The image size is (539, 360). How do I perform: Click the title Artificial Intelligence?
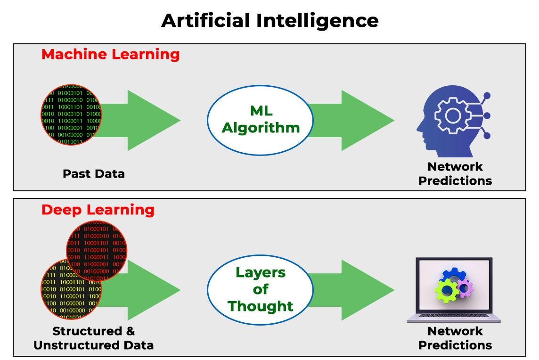pos(269,21)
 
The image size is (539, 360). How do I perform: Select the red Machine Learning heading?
pos(110,54)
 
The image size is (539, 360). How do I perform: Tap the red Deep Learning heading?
pos(98,210)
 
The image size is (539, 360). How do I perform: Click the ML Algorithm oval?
pos(261,120)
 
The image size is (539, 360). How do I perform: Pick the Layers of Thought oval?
pos(261,289)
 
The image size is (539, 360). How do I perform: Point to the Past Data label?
pos(94,173)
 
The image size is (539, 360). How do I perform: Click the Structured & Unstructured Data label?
pos(94,338)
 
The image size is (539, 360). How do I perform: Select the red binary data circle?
pos(97,250)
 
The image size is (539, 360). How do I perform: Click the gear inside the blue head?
pos(452,115)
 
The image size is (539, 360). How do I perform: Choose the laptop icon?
pos(454,290)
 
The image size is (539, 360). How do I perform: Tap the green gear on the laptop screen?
pos(446,291)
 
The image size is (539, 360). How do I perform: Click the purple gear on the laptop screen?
pos(465,287)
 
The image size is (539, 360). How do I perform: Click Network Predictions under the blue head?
pos(455,173)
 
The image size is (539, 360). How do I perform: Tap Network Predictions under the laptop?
pos(455,338)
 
